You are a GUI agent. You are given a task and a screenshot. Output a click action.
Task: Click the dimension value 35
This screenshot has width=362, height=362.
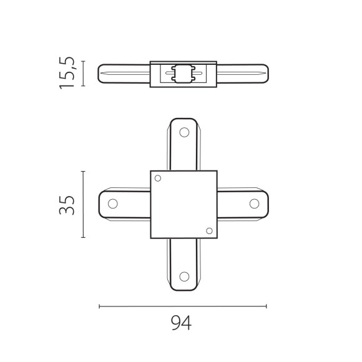tap(68, 204)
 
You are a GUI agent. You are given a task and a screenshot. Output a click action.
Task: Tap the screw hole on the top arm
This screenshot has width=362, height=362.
tap(183, 132)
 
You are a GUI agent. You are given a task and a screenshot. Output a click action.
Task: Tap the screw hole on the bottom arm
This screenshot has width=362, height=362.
tap(183, 276)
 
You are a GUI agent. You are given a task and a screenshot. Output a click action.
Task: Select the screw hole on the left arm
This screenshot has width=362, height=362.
tap(113, 203)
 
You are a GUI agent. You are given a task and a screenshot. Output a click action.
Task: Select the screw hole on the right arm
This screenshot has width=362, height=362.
tap(254, 203)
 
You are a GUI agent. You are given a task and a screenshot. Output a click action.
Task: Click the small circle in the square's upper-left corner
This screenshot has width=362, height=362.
tap(158, 179)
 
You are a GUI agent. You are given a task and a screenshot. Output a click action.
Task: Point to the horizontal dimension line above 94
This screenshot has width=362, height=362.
tap(183, 306)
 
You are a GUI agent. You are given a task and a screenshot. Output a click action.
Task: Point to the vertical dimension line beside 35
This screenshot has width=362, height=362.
tap(84, 204)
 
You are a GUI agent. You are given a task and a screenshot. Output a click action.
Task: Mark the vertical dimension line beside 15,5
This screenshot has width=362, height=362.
tap(84, 72)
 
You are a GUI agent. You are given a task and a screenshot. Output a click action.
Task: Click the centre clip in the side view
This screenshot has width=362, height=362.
tap(183, 73)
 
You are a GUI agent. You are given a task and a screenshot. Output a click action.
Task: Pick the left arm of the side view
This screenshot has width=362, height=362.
tap(124, 73)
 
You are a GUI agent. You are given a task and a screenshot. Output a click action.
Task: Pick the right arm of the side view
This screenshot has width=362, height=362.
tap(242, 73)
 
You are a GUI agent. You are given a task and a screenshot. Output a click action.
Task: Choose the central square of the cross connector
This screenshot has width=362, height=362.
tap(183, 204)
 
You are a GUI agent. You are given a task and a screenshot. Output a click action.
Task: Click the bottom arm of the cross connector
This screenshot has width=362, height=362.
tap(183, 265)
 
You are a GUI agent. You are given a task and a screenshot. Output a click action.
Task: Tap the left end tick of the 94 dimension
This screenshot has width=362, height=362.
tap(100, 306)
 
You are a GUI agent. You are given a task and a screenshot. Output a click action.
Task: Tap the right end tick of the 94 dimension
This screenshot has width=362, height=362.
tap(267, 306)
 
